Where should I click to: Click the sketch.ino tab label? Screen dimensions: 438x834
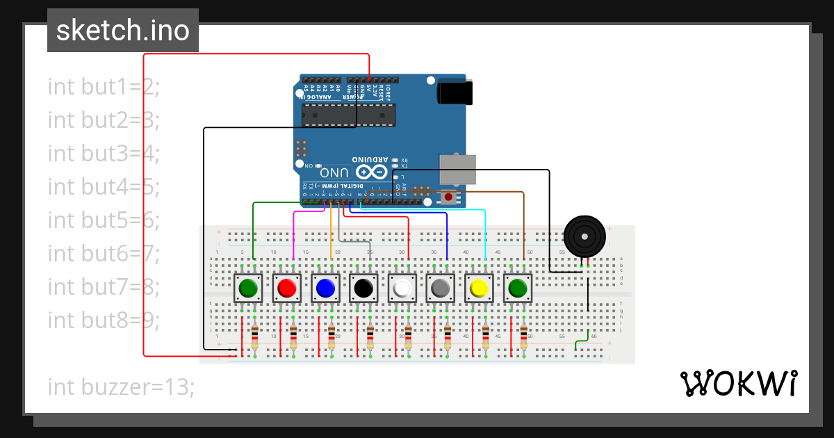click(x=122, y=31)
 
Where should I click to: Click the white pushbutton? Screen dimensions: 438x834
click(x=402, y=288)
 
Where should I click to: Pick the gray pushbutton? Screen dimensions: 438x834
click(x=440, y=288)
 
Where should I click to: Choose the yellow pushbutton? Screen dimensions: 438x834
click(x=478, y=288)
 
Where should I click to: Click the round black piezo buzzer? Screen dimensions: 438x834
click(x=584, y=237)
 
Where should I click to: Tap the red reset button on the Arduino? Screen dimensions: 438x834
click(x=448, y=197)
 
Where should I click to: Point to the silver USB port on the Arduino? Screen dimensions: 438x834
click(x=458, y=169)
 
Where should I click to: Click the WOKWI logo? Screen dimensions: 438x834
click(x=738, y=383)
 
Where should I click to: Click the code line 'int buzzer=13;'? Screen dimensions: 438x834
click(x=121, y=387)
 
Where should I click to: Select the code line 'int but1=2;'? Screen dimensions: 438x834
click(x=104, y=87)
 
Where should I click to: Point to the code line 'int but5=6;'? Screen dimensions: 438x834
click(x=104, y=220)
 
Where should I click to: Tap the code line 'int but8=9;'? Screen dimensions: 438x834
click(x=104, y=320)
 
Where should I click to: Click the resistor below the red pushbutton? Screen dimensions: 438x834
click(x=293, y=338)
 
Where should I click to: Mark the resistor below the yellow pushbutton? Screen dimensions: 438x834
click(x=485, y=338)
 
